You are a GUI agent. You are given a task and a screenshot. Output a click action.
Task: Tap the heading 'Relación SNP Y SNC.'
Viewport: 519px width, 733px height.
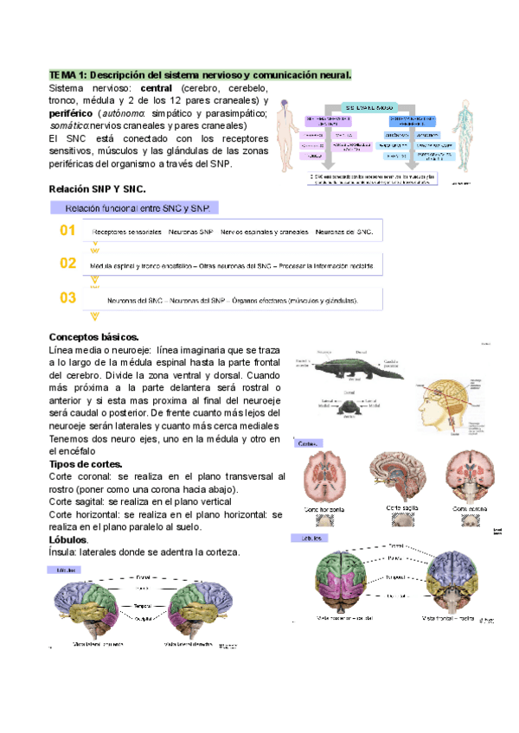click(x=98, y=188)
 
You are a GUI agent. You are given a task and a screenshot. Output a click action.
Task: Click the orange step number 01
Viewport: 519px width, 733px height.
click(x=67, y=231)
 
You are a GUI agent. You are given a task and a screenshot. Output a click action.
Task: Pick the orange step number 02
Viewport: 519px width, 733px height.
click(x=67, y=263)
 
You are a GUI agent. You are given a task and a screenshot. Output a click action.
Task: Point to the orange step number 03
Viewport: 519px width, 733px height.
click(x=67, y=298)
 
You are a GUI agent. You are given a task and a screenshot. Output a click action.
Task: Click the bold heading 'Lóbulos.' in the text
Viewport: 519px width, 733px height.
click(x=68, y=539)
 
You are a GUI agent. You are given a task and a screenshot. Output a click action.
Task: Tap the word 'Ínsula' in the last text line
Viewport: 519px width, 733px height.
click(x=62, y=551)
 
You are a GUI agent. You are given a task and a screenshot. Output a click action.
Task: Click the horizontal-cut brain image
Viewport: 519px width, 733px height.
click(x=330, y=475)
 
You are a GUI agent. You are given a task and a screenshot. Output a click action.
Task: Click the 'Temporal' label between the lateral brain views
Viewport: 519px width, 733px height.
click(x=143, y=607)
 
